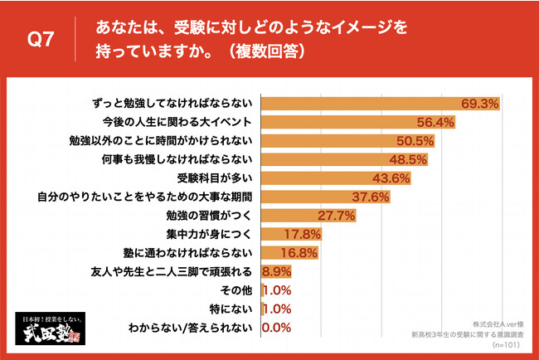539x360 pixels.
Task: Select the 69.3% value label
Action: click(x=481, y=104)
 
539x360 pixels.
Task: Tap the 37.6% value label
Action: click(x=371, y=197)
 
